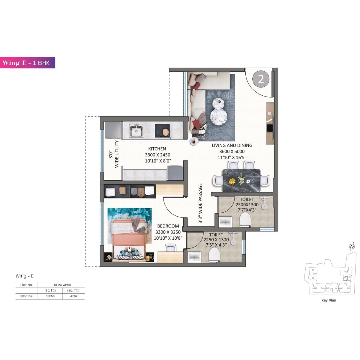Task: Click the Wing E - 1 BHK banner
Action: pos(28,63)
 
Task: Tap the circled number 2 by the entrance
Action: pos(261,79)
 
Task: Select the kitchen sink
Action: pos(136,131)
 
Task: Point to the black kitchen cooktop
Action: pos(162,130)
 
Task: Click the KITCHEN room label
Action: pos(157,149)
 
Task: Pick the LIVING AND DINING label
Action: pos(232,145)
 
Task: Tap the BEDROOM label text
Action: pos(168,226)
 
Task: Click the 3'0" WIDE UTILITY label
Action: pos(114,154)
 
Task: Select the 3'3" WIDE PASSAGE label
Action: pos(200,203)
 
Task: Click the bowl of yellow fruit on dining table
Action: pos(232,181)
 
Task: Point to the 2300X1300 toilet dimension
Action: pos(247,205)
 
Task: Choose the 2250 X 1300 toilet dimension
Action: pos(216,240)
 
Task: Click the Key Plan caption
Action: pos(328,300)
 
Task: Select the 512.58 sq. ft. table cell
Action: pos(50,296)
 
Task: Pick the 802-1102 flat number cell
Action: pos(26,296)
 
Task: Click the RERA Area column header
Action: pos(62,285)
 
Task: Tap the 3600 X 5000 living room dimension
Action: pos(232,151)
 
